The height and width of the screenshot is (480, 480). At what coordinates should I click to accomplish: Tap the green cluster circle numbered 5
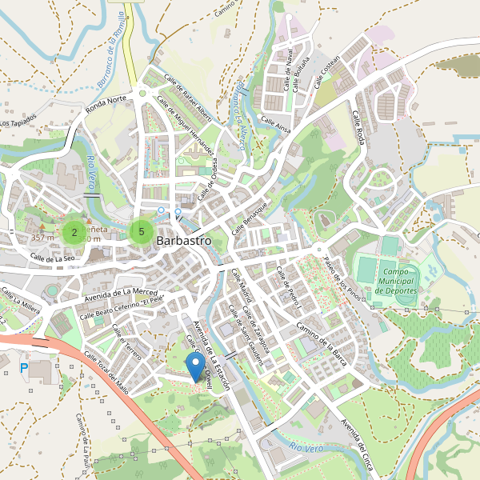(141, 232)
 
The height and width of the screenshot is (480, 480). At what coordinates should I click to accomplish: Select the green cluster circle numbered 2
(74, 233)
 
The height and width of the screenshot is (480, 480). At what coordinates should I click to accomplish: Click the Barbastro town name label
(184, 239)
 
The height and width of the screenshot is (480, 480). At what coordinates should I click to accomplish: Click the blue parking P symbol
(23, 367)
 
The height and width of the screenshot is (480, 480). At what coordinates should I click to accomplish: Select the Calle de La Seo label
(53, 258)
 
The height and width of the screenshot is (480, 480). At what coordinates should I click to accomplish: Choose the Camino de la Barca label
(325, 334)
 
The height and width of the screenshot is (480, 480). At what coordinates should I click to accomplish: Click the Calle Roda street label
(359, 128)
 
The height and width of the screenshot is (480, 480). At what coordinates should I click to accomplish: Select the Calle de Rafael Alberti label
(189, 95)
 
